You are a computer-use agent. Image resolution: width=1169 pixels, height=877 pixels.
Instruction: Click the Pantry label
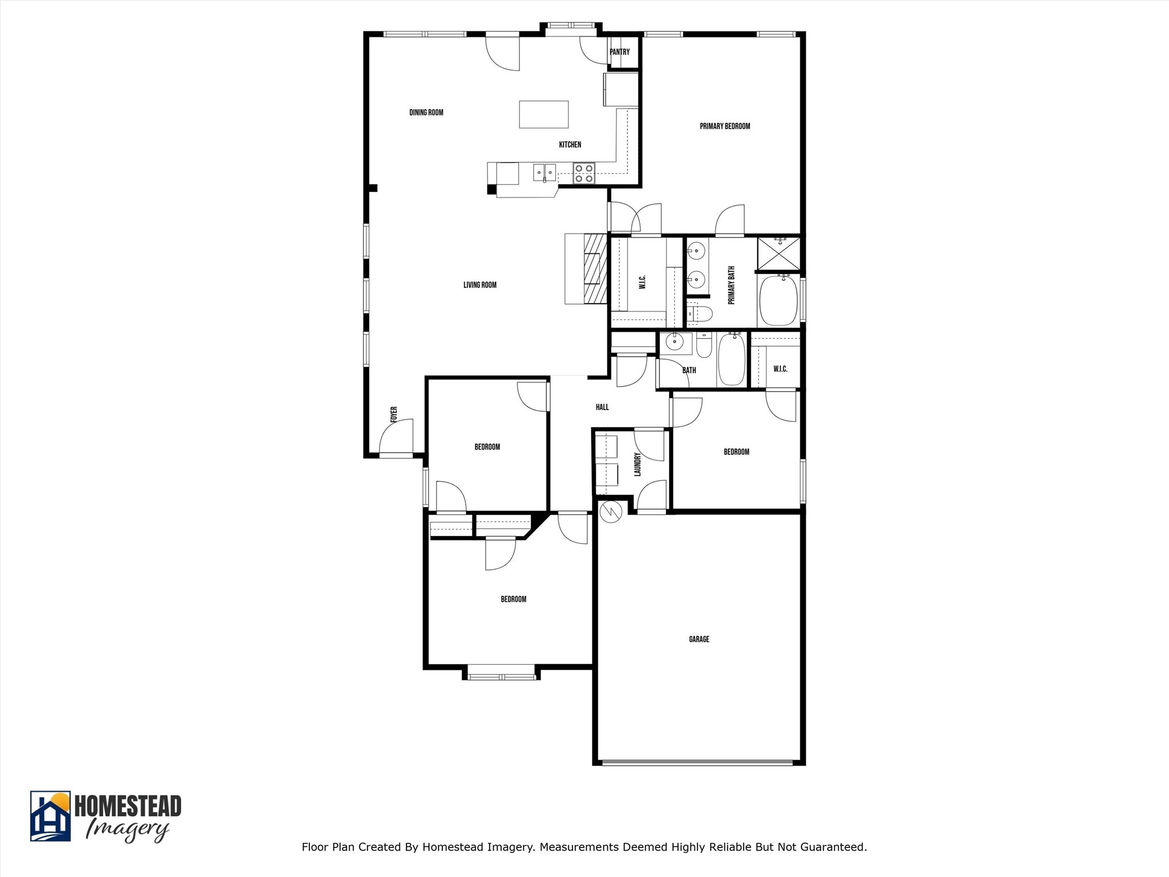tap(619, 52)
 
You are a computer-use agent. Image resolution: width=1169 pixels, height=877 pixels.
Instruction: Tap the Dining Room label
tap(426, 112)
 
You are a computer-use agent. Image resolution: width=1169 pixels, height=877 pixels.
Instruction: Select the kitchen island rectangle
tap(543, 114)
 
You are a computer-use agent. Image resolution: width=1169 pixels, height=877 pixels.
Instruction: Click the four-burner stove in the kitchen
tap(584, 173)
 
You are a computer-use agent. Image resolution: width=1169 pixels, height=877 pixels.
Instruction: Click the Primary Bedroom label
tap(725, 126)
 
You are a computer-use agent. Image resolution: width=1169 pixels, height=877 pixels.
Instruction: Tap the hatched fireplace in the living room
tap(595, 268)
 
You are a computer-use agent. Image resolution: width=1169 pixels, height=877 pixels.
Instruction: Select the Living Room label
tap(480, 285)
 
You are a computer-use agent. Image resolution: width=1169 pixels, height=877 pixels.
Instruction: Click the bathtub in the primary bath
tap(777, 300)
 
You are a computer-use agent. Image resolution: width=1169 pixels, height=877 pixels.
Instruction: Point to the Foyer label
tap(394, 415)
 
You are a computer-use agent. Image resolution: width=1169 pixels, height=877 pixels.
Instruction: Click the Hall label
tap(602, 407)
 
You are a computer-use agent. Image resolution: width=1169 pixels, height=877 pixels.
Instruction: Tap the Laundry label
tap(638, 464)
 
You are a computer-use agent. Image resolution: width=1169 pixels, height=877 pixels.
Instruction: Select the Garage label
tap(699, 639)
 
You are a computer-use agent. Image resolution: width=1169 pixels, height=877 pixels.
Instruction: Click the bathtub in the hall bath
tap(731, 359)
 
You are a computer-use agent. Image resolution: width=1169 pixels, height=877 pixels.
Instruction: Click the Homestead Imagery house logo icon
tap(50, 816)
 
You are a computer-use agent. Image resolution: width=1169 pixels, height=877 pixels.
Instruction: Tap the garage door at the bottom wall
tap(698, 762)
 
